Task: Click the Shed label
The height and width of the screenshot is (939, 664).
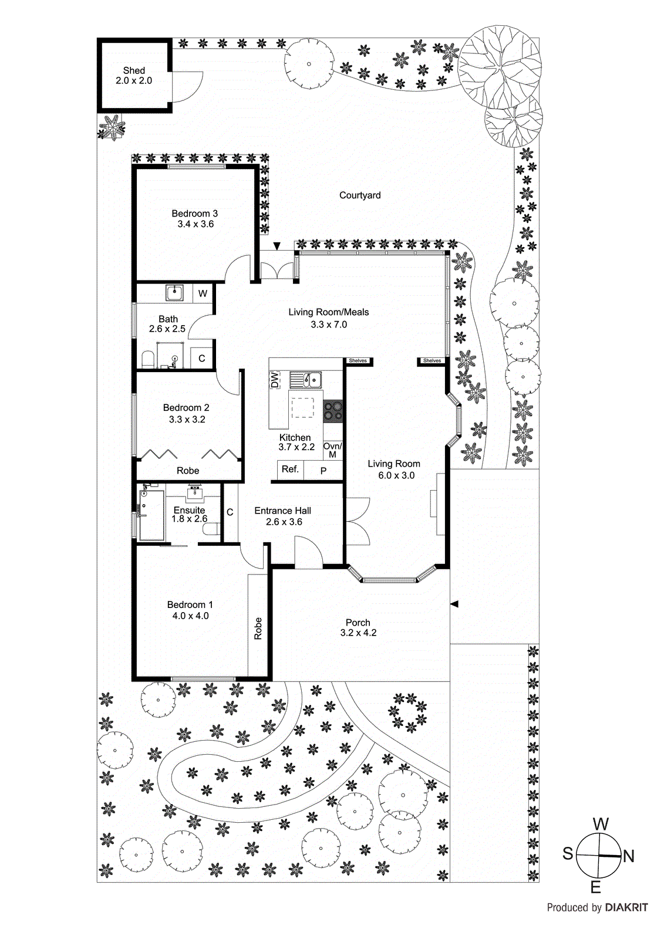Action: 134,70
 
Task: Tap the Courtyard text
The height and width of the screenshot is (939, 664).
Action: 360,195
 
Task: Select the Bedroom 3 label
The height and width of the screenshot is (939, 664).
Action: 194,214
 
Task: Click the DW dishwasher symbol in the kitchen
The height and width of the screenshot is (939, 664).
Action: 275,380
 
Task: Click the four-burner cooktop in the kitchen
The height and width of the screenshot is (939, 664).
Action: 333,410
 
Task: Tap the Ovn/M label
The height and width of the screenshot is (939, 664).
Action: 332,450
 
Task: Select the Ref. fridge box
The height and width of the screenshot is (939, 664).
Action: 290,469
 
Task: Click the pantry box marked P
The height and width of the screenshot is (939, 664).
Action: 323,471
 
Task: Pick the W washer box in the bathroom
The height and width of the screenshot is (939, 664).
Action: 203,293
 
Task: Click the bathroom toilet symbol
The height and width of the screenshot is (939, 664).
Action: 148,360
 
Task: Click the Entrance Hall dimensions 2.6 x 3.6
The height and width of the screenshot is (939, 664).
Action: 284,522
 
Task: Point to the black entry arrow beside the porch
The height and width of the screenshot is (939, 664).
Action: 454,604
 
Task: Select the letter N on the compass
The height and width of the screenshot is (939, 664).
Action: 629,856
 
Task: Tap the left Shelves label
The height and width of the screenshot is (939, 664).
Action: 358,361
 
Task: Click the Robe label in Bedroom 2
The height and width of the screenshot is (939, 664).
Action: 188,471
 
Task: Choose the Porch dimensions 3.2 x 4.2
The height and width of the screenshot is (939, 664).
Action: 358,633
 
